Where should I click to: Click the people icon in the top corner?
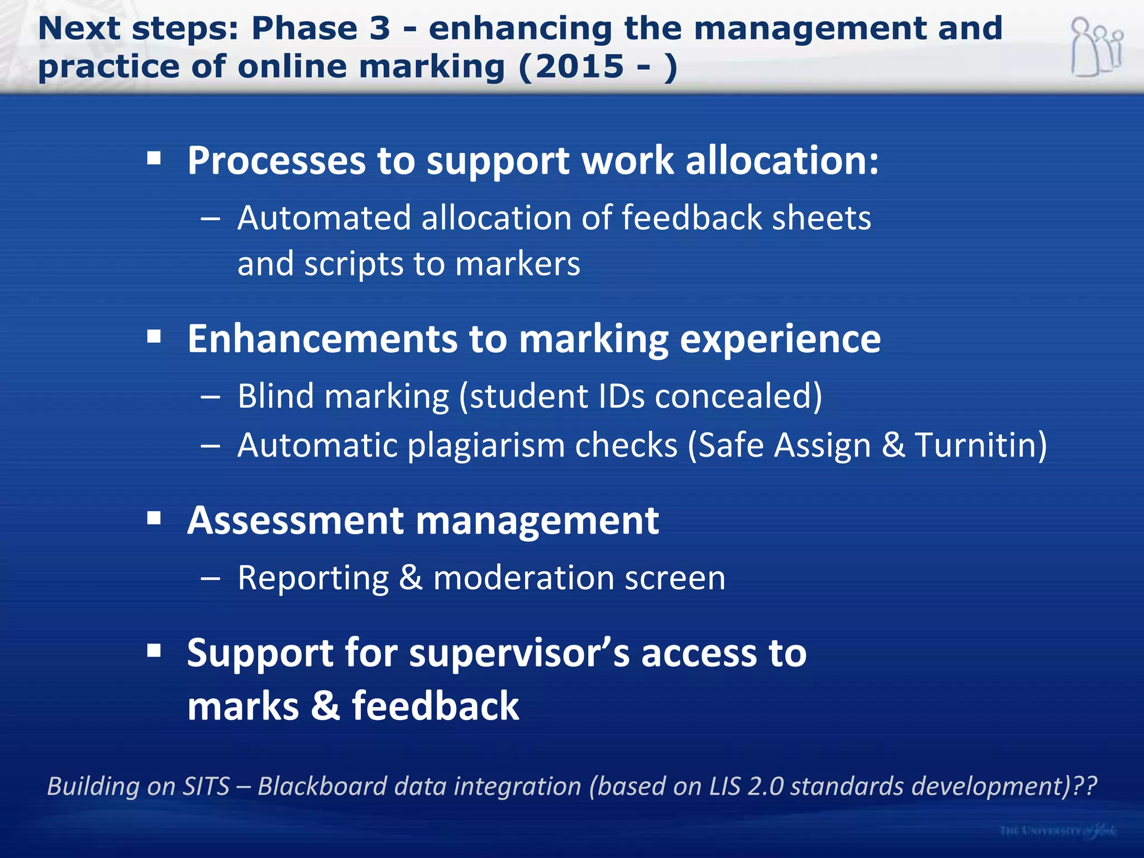(x=1096, y=47)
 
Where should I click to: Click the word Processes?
(x=276, y=161)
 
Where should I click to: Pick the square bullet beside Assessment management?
(x=154, y=518)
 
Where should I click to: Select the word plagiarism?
(x=486, y=446)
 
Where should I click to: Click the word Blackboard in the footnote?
(x=322, y=786)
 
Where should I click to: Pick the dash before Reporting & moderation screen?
(x=210, y=579)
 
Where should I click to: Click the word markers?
(x=517, y=264)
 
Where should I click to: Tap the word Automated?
(x=325, y=218)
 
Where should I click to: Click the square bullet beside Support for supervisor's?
(x=154, y=651)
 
